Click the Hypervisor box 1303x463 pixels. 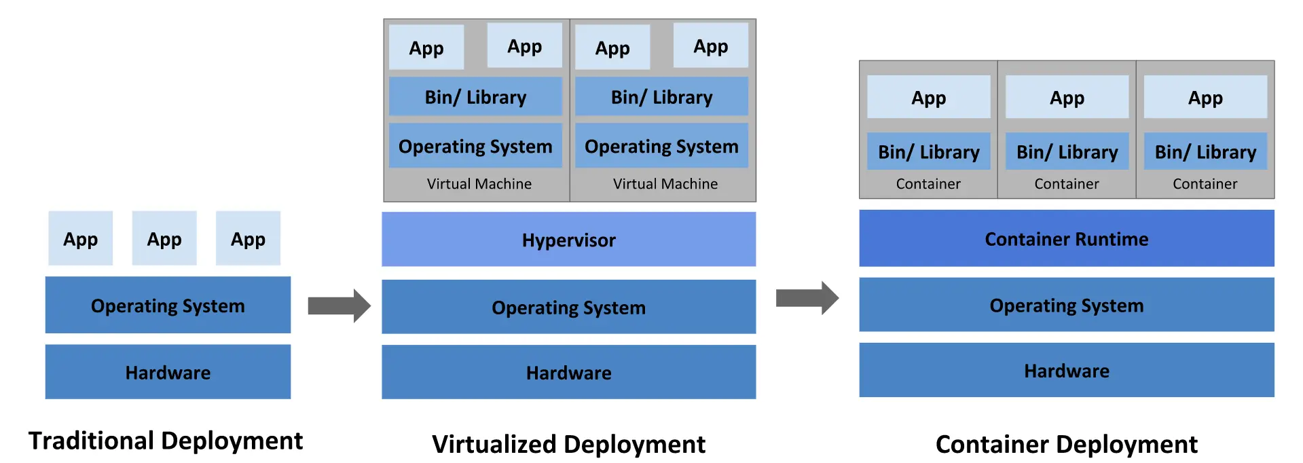[x=568, y=240]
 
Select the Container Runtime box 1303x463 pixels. [x=1066, y=239]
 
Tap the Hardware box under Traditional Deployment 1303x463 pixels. [x=168, y=372]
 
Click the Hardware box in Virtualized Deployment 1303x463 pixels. [x=568, y=372]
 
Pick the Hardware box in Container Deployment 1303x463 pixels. [x=1066, y=371]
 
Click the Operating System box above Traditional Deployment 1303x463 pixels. [x=168, y=305]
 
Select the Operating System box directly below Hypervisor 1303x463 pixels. [x=568, y=307]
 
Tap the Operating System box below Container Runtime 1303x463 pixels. [x=1066, y=305]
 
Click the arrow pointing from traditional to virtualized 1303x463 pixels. [x=339, y=305]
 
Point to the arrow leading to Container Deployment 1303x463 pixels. [x=807, y=297]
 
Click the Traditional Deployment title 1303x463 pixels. [x=166, y=441]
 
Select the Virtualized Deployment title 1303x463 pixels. [x=568, y=444]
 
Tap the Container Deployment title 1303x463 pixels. [x=1066, y=444]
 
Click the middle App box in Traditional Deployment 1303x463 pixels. [x=164, y=238]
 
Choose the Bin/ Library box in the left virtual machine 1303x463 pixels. [x=475, y=97]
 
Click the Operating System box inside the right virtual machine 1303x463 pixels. [x=661, y=146]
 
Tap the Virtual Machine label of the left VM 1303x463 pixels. [x=479, y=184]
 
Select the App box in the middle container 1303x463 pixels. [x=1067, y=98]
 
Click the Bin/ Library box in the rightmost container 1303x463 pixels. [x=1205, y=152]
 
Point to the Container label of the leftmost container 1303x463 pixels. [x=928, y=184]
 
